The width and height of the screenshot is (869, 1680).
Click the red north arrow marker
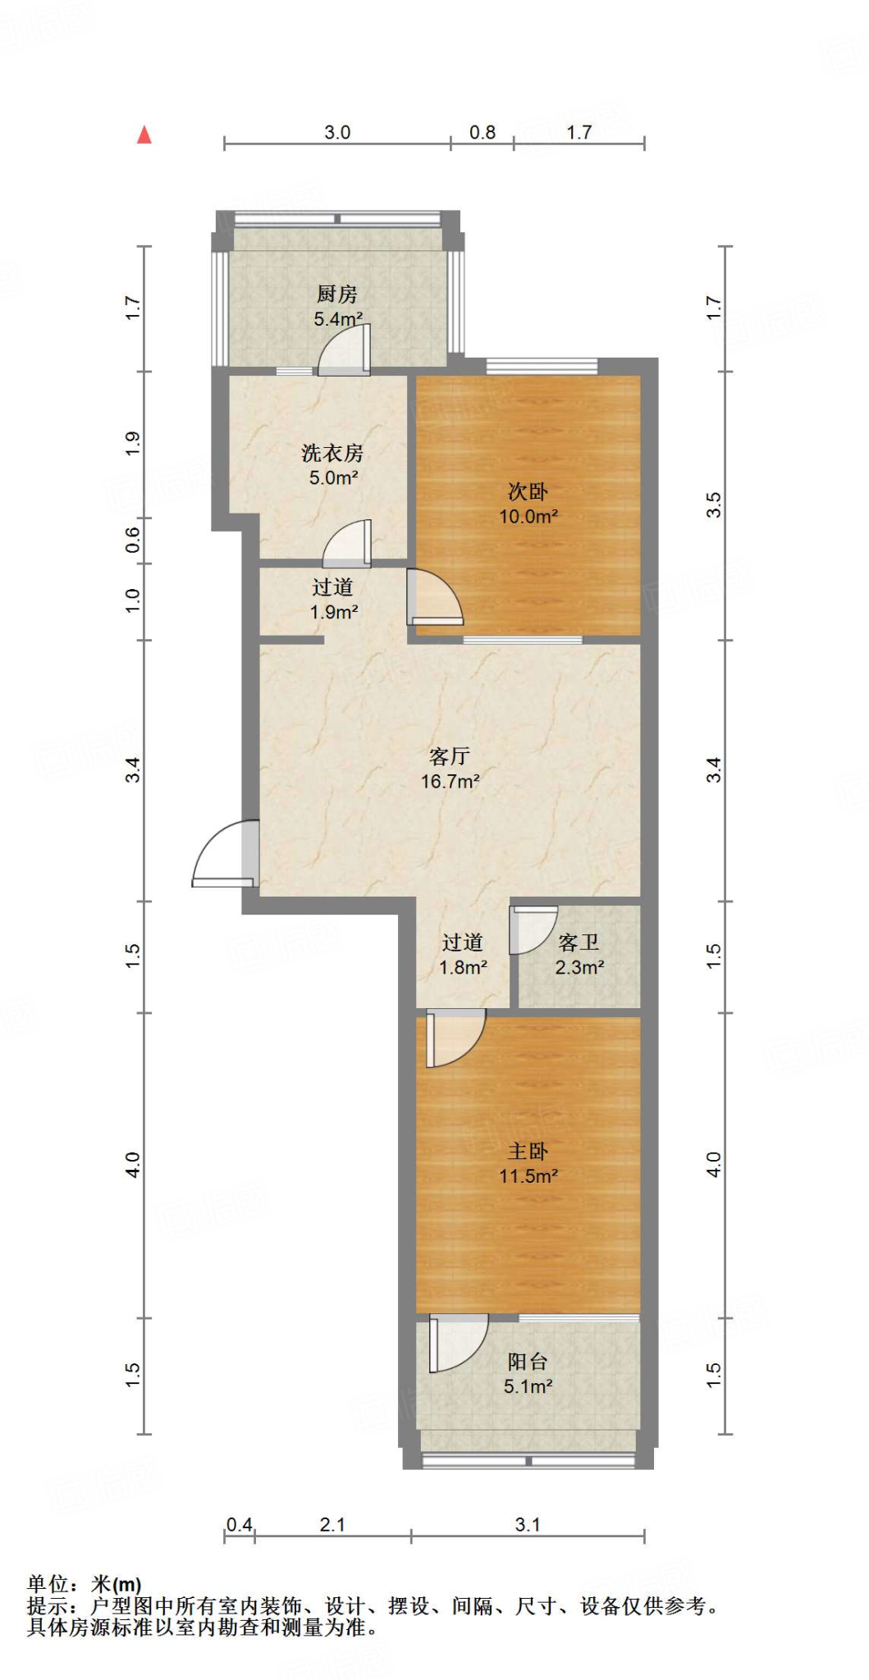click(144, 135)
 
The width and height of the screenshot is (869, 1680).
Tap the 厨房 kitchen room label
click(336, 294)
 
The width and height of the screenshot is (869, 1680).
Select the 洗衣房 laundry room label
click(332, 453)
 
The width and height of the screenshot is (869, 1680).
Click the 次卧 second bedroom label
click(528, 491)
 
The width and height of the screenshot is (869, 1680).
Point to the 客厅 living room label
click(450, 756)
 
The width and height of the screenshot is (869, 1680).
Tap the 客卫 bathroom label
click(579, 943)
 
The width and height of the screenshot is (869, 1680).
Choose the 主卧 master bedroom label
click(528, 1151)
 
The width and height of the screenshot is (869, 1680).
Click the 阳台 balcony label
click(528, 1362)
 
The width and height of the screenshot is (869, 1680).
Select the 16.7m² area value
click(450, 782)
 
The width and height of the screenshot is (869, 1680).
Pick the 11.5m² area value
click(528, 1176)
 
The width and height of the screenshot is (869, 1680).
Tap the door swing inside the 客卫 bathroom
click(532, 929)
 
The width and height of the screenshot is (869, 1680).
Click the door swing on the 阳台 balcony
click(456, 1341)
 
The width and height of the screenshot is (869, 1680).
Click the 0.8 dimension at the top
click(483, 132)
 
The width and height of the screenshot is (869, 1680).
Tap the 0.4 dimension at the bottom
click(240, 1525)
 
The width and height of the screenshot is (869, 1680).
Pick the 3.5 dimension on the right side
click(714, 504)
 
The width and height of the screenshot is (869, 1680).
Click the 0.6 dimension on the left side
click(133, 540)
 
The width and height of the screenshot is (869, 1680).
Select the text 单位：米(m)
click(84, 1585)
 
